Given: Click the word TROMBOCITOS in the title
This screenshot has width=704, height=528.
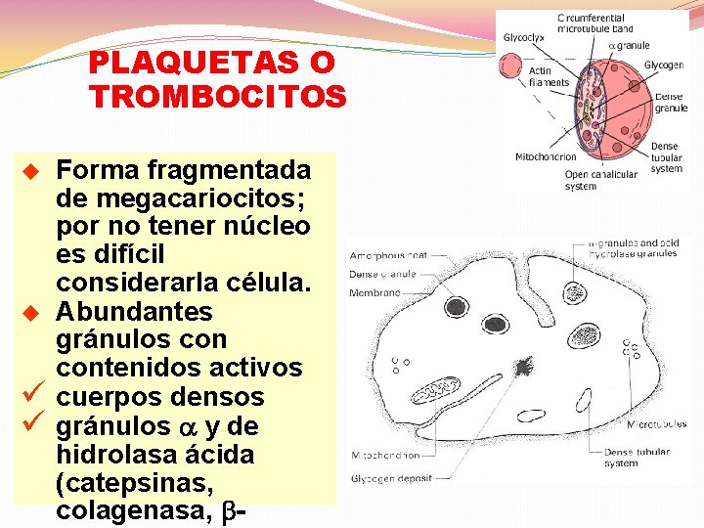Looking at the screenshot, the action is (x=217, y=97).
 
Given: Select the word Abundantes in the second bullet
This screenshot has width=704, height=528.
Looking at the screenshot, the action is (x=134, y=312).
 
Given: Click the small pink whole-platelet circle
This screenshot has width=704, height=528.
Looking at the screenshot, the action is (x=510, y=65).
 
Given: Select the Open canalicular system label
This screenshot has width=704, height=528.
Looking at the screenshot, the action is (x=600, y=180).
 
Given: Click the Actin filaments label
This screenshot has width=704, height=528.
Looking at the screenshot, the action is (x=549, y=76).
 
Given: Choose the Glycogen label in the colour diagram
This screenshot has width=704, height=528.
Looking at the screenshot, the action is (x=664, y=65).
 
